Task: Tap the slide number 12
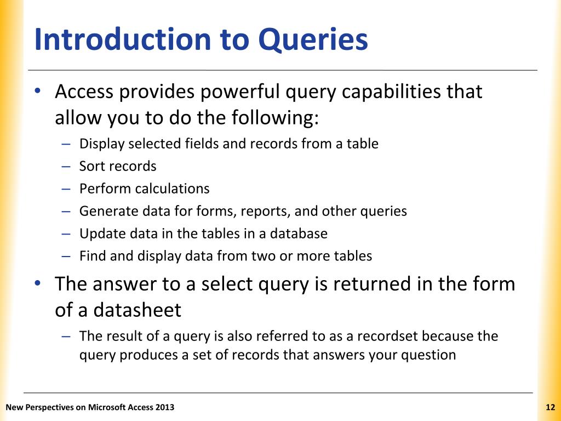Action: (551, 407)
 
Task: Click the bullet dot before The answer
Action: (37, 284)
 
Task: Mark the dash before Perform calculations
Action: (66, 189)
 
